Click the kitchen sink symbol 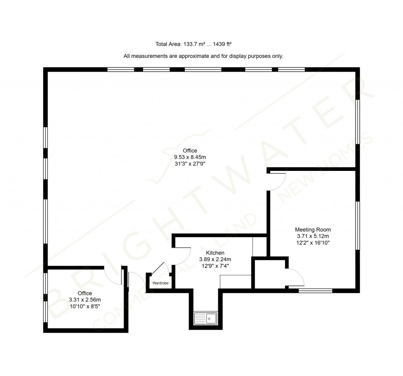(205, 318)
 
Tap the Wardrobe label (160, 283)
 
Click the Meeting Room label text (313, 230)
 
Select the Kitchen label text (215, 253)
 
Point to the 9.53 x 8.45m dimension (190, 157)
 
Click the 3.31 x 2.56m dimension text (85, 300)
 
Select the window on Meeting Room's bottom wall (315, 291)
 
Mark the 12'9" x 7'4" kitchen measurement (215, 266)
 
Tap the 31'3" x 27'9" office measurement (190, 164)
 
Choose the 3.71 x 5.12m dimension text (313, 236)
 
